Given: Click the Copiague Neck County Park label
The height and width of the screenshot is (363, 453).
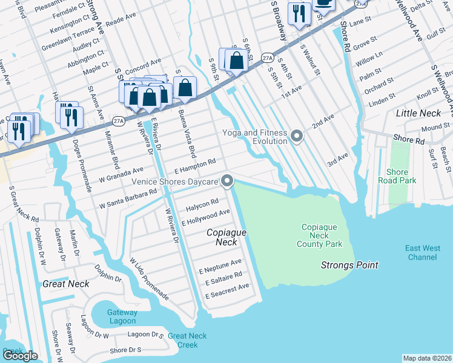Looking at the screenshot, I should click(x=319, y=235).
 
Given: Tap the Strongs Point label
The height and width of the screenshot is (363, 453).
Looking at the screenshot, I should click(x=349, y=265).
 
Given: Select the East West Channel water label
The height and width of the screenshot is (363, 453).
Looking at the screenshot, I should click(x=423, y=252).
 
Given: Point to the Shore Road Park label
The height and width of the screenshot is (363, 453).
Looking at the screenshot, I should click(x=397, y=176).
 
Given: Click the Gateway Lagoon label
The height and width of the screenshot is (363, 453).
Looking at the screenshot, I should click(x=122, y=316).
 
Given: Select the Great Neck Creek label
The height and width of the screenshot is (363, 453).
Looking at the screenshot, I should click(x=187, y=340).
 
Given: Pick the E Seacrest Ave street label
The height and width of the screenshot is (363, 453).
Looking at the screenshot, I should click(x=227, y=291).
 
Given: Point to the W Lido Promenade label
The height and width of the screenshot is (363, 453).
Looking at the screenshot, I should click(x=149, y=279).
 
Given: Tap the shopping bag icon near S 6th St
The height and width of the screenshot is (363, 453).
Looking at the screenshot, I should click(x=237, y=60).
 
